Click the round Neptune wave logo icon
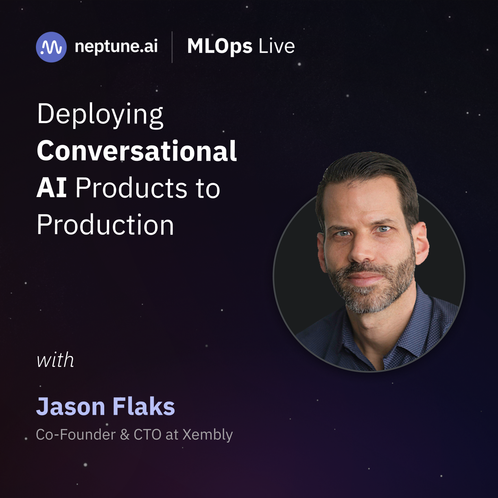(x=51, y=47)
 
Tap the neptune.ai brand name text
(x=116, y=47)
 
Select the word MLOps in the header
(x=220, y=47)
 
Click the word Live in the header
(x=276, y=46)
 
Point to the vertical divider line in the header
(x=172, y=47)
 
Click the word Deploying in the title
(x=100, y=115)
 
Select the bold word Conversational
(x=137, y=151)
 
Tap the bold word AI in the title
(x=52, y=188)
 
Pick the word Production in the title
(x=105, y=224)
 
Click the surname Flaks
(x=144, y=406)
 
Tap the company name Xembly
(x=208, y=435)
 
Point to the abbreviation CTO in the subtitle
(x=148, y=434)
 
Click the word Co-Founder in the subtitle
(x=76, y=434)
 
